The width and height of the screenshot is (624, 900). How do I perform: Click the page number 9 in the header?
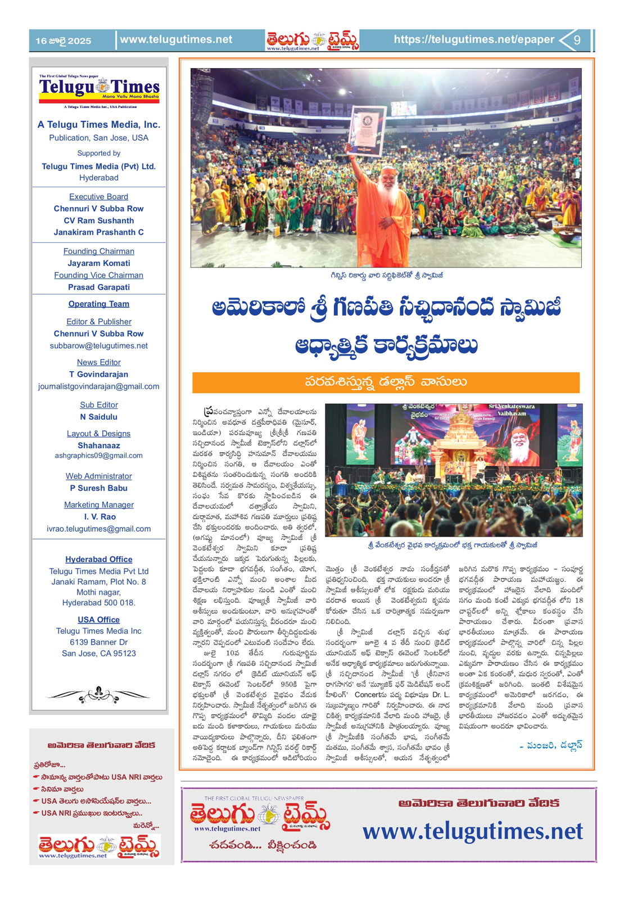coord(577,40)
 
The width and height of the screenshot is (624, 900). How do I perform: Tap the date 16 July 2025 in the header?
coord(63,40)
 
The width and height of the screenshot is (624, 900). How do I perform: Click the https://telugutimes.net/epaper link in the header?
coord(473,39)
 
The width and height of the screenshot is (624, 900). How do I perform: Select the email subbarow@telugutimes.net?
coord(98,345)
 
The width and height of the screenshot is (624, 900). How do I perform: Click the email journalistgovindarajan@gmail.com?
coord(98,386)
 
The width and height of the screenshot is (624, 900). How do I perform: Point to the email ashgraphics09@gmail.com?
coord(98,456)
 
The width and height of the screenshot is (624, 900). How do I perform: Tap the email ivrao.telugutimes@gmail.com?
coord(98,529)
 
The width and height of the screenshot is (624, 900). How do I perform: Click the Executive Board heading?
coord(98,196)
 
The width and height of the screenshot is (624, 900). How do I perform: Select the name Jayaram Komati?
coord(98,263)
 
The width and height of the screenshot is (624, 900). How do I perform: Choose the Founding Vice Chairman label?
coord(98,275)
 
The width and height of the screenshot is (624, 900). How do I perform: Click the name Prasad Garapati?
coord(98,287)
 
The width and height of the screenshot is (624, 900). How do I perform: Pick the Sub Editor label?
coord(98,404)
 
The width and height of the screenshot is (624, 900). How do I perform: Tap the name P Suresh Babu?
coord(98,488)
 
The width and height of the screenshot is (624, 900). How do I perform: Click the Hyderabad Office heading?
coord(98,559)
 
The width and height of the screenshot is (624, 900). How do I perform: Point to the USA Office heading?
coord(98,619)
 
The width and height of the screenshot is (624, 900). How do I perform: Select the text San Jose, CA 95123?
coord(98,653)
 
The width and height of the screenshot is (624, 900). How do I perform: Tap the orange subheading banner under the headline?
coord(386,382)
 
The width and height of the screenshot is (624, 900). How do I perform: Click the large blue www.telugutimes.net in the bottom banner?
coord(473,831)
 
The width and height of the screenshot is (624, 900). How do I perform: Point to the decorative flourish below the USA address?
coord(98,695)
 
